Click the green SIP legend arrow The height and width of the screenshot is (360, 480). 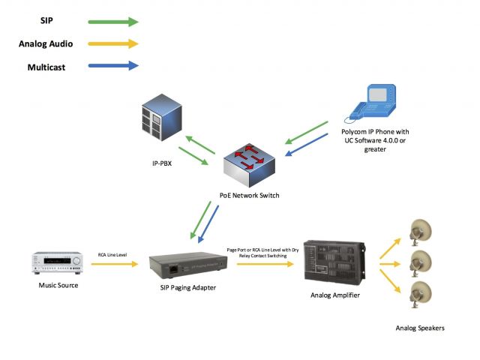[x=113, y=22]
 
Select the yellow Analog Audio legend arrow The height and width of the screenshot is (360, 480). [x=113, y=43]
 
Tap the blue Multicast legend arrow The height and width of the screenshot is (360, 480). [x=113, y=65]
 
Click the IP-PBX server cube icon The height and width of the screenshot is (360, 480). [x=162, y=118]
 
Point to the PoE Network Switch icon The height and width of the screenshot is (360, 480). [x=249, y=165]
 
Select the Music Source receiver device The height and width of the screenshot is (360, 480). [x=57, y=262]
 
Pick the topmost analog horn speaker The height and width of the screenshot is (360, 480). [x=421, y=232]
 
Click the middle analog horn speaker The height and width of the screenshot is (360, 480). [x=421, y=263]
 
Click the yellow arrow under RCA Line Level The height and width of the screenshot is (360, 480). [x=115, y=264]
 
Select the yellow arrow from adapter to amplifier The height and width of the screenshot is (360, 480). [x=265, y=264]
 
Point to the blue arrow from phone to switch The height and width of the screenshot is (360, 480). [x=307, y=145]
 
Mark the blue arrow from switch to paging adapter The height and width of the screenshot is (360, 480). [x=208, y=224]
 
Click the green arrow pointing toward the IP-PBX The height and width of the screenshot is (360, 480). [x=200, y=145]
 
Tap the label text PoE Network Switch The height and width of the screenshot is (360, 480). [x=249, y=195]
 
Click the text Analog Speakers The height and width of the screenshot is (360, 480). [x=420, y=328]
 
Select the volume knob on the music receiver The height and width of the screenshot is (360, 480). [x=76, y=261]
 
